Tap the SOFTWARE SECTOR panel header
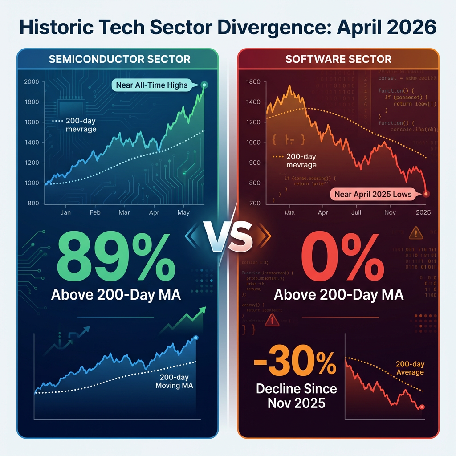pyautogui.click(x=338, y=59)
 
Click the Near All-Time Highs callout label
pyautogui.click(x=152, y=85)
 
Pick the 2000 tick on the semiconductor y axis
pyautogui.click(x=32, y=82)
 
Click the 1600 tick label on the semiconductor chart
pyautogui.click(x=32, y=122)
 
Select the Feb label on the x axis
pyautogui.click(x=95, y=212)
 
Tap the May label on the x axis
pyautogui.click(x=183, y=212)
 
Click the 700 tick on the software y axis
pyautogui.click(x=254, y=203)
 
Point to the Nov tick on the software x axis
pyautogui.click(x=390, y=212)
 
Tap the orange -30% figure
pyautogui.click(x=295, y=365)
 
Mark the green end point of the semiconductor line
pyautogui.click(x=204, y=85)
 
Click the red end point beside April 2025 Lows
pyautogui.click(x=427, y=194)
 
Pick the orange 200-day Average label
pyautogui.click(x=410, y=368)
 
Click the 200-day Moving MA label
pyautogui.click(x=174, y=381)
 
